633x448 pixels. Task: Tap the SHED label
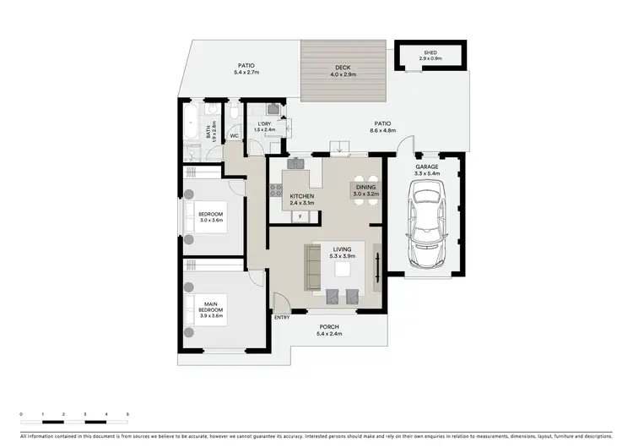click(x=430, y=52)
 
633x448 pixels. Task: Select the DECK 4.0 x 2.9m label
click(x=342, y=71)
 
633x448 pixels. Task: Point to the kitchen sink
click(x=297, y=162)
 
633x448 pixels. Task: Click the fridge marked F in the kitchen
click(x=299, y=217)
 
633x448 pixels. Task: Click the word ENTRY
click(x=282, y=317)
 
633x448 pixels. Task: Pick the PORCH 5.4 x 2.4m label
click(x=328, y=330)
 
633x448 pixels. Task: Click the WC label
click(x=235, y=134)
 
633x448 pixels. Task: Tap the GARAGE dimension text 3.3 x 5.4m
click(x=426, y=173)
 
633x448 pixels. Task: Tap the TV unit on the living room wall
click(x=377, y=267)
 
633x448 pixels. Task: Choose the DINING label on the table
click(x=365, y=187)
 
